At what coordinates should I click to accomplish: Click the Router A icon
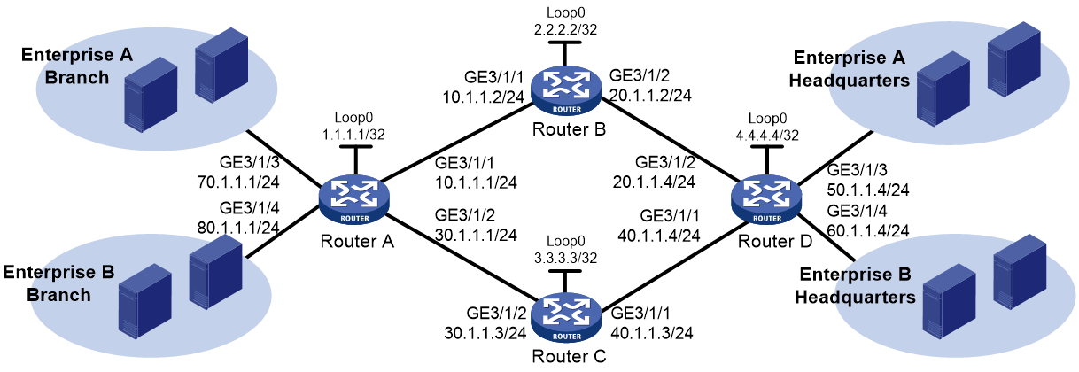[354, 199]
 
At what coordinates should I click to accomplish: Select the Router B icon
[566, 90]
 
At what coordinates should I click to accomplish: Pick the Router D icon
[766, 199]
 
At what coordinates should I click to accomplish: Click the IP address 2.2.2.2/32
[565, 30]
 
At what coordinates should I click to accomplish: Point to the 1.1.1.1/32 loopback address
[353, 135]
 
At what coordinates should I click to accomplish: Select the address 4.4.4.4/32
[767, 136]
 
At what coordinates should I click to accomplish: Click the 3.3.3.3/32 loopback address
[565, 259]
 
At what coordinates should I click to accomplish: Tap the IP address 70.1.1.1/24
[238, 182]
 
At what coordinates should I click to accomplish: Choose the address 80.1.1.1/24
[238, 228]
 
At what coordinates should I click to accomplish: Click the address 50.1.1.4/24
[868, 190]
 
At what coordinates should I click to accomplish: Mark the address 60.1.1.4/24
[868, 231]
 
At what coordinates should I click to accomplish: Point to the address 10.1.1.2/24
[483, 97]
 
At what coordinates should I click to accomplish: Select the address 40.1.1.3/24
[652, 333]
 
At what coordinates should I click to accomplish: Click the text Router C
[569, 357]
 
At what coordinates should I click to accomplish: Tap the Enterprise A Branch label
[76, 66]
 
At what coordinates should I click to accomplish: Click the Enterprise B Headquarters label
[855, 286]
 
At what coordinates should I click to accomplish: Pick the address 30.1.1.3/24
[485, 333]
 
